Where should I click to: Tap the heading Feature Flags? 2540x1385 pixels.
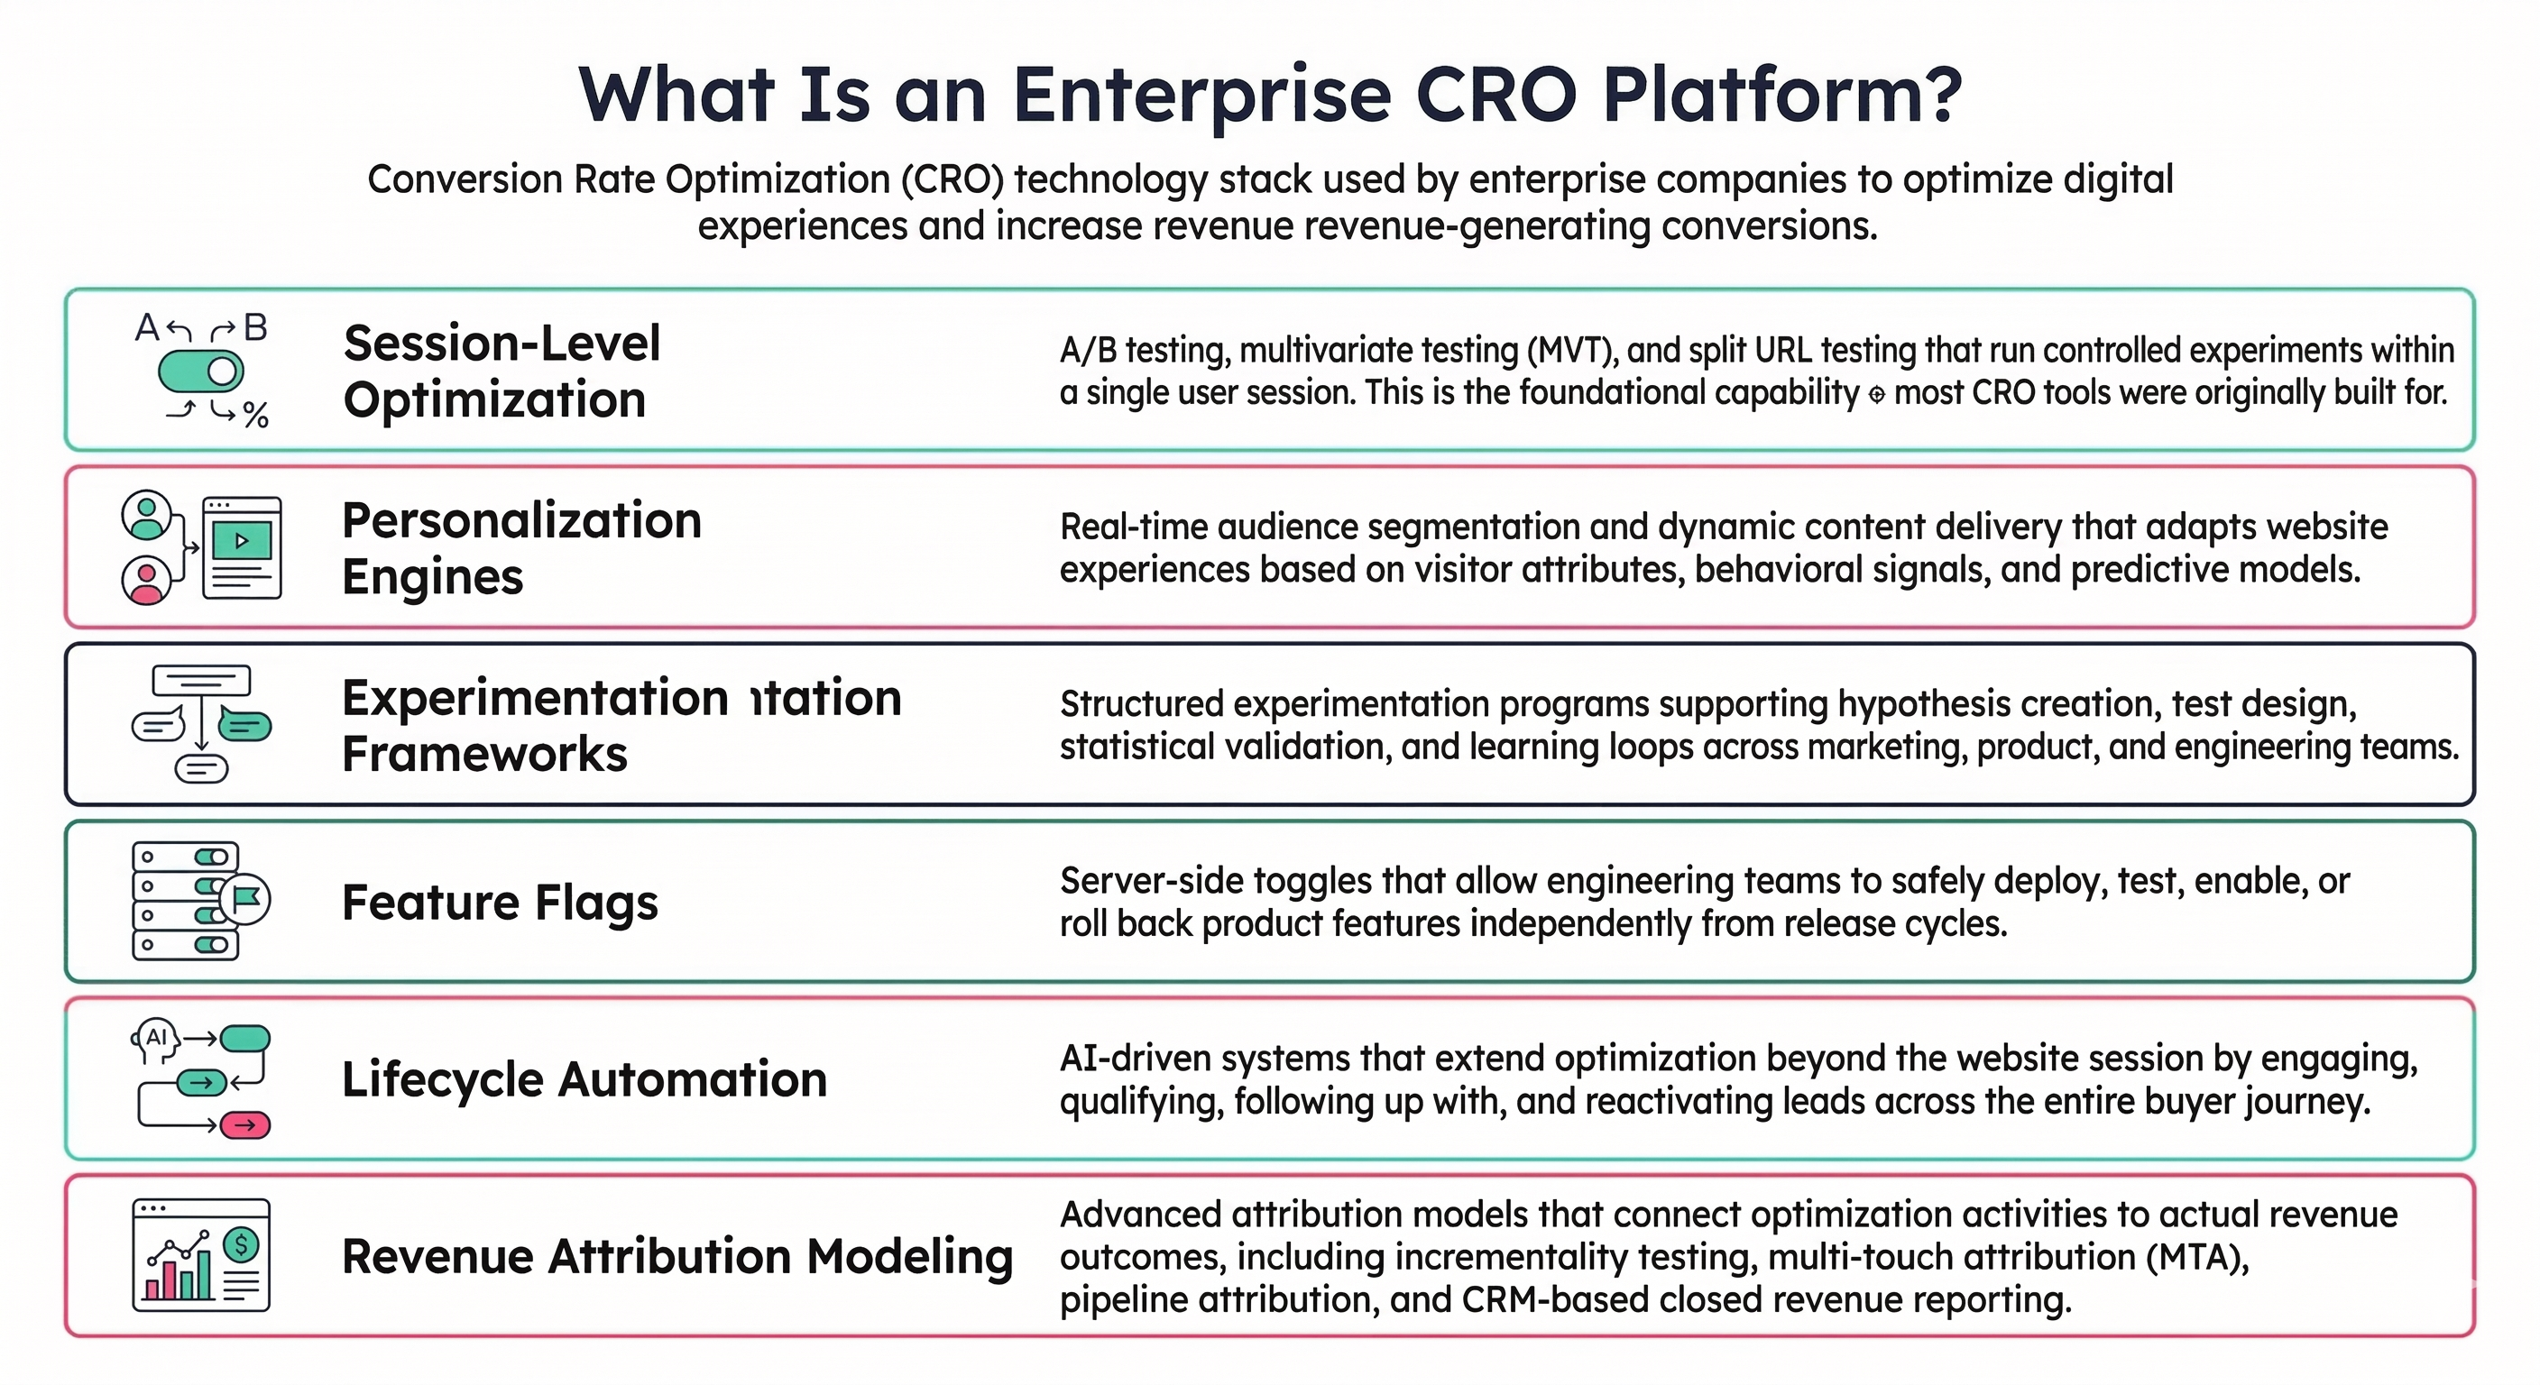(499, 902)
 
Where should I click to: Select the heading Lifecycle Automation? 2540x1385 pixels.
(584, 1078)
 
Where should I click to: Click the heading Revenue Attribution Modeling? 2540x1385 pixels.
(676, 1256)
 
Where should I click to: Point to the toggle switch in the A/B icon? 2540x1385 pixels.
(201, 371)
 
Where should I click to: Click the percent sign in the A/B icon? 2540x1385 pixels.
(255, 415)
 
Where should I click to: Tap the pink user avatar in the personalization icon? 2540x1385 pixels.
(146, 581)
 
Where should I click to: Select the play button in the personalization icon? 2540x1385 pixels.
(242, 540)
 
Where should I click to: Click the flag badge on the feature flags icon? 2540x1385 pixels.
(245, 898)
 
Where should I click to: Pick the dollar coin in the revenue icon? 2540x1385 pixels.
(241, 1245)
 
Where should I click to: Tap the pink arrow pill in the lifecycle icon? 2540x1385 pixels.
(244, 1124)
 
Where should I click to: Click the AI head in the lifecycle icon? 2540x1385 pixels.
(155, 1040)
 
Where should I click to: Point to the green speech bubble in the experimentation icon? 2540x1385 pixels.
(244, 727)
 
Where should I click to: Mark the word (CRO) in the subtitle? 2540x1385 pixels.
(952, 179)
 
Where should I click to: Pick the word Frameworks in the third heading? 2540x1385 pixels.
(484, 754)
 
